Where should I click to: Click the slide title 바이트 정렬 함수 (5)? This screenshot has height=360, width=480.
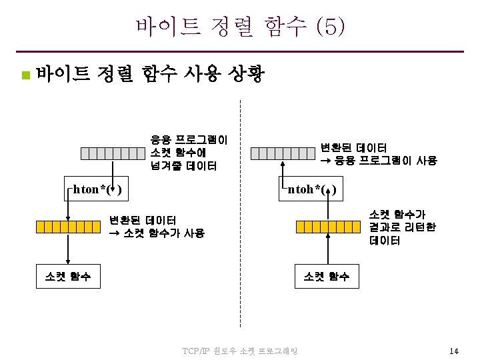click(240, 26)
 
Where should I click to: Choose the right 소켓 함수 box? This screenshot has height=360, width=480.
click(327, 275)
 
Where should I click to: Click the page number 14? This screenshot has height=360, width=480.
click(454, 351)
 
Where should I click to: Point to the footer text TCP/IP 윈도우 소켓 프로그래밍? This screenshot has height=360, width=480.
click(240, 351)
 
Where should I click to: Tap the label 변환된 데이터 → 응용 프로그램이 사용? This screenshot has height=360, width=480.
click(378, 153)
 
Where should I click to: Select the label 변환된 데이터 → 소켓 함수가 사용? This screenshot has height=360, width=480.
click(157, 227)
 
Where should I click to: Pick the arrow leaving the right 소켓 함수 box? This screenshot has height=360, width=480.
click(328, 250)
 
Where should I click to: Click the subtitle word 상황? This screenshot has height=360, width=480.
click(247, 73)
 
